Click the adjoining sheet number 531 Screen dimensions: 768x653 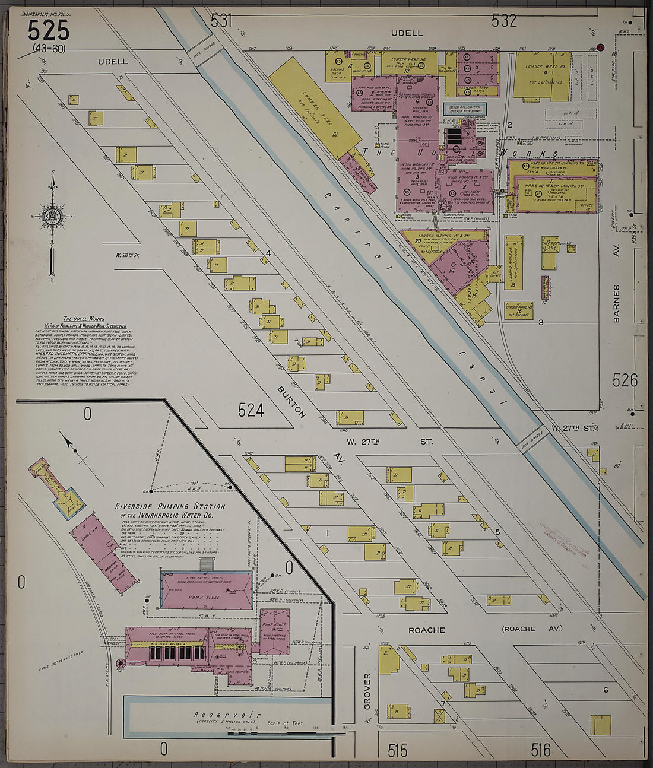click(x=221, y=21)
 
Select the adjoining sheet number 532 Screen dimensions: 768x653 click(x=504, y=21)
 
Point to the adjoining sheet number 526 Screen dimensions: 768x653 click(x=625, y=380)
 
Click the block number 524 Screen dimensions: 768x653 click(x=251, y=410)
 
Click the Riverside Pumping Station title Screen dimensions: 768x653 click(x=170, y=510)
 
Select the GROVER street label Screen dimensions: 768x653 click(x=367, y=691)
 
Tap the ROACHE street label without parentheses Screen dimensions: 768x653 click(x=426, y=630)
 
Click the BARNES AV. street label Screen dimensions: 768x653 click(x=616, y=303)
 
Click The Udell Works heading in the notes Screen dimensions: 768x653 click(x=84, y=319)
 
